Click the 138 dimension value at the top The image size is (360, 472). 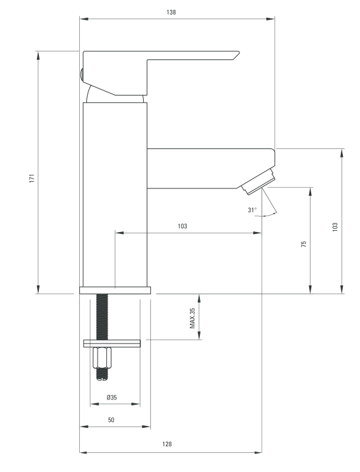click(x=171, y=13)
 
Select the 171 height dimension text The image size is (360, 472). click(x=32, y=178)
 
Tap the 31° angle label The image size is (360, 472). click(x=253, y=210)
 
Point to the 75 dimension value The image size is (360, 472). click(x=304, y=244)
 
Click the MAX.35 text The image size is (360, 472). click(x=193, y=318)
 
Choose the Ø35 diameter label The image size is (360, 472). click(x=111, y=398)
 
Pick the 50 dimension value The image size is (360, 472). click(x=111, y=420)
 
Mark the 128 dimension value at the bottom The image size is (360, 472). click(x=167, y=444)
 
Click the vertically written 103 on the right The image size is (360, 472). click(x=335, y=227)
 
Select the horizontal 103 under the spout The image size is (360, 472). click(x=183, y=226)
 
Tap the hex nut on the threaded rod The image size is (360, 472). click(x=102, y=357)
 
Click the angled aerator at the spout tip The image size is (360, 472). click(x=258, y=181)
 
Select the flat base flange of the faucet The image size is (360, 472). click(x=115, y=290)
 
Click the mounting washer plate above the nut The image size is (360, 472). click(x=112, y=343)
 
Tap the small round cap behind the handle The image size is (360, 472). click(x=81, y=74)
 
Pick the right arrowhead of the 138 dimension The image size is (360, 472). click(x=270, y=19)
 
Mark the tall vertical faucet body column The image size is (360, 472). click(x=115, y=194)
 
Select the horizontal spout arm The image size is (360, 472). click(x=211, y=169)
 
